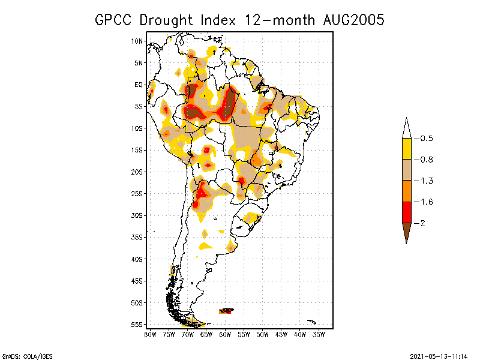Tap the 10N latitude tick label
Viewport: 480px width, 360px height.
pos(137,41)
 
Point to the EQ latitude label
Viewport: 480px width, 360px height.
pos(138,85)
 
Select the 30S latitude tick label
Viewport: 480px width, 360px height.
pos(137,215)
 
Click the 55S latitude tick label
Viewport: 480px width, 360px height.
pos(137,325)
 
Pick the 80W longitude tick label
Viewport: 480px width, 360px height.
pos(150,334)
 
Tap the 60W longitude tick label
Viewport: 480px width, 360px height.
pos(225,334)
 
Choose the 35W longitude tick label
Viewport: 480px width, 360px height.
pos(319,334)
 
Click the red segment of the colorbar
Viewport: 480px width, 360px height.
pos(407,212)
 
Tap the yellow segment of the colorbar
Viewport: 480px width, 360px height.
pos(407,149)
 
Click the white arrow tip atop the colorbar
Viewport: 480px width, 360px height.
pos(407,127)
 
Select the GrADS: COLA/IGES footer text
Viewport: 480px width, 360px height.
pos(23,356)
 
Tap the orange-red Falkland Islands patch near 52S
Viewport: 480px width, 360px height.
pos(227,311)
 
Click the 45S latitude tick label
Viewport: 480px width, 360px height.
pos(137,281)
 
